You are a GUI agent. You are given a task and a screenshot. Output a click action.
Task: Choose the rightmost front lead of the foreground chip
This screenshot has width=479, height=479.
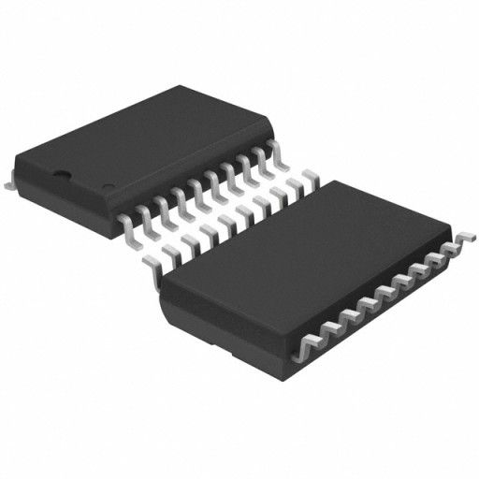456,245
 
